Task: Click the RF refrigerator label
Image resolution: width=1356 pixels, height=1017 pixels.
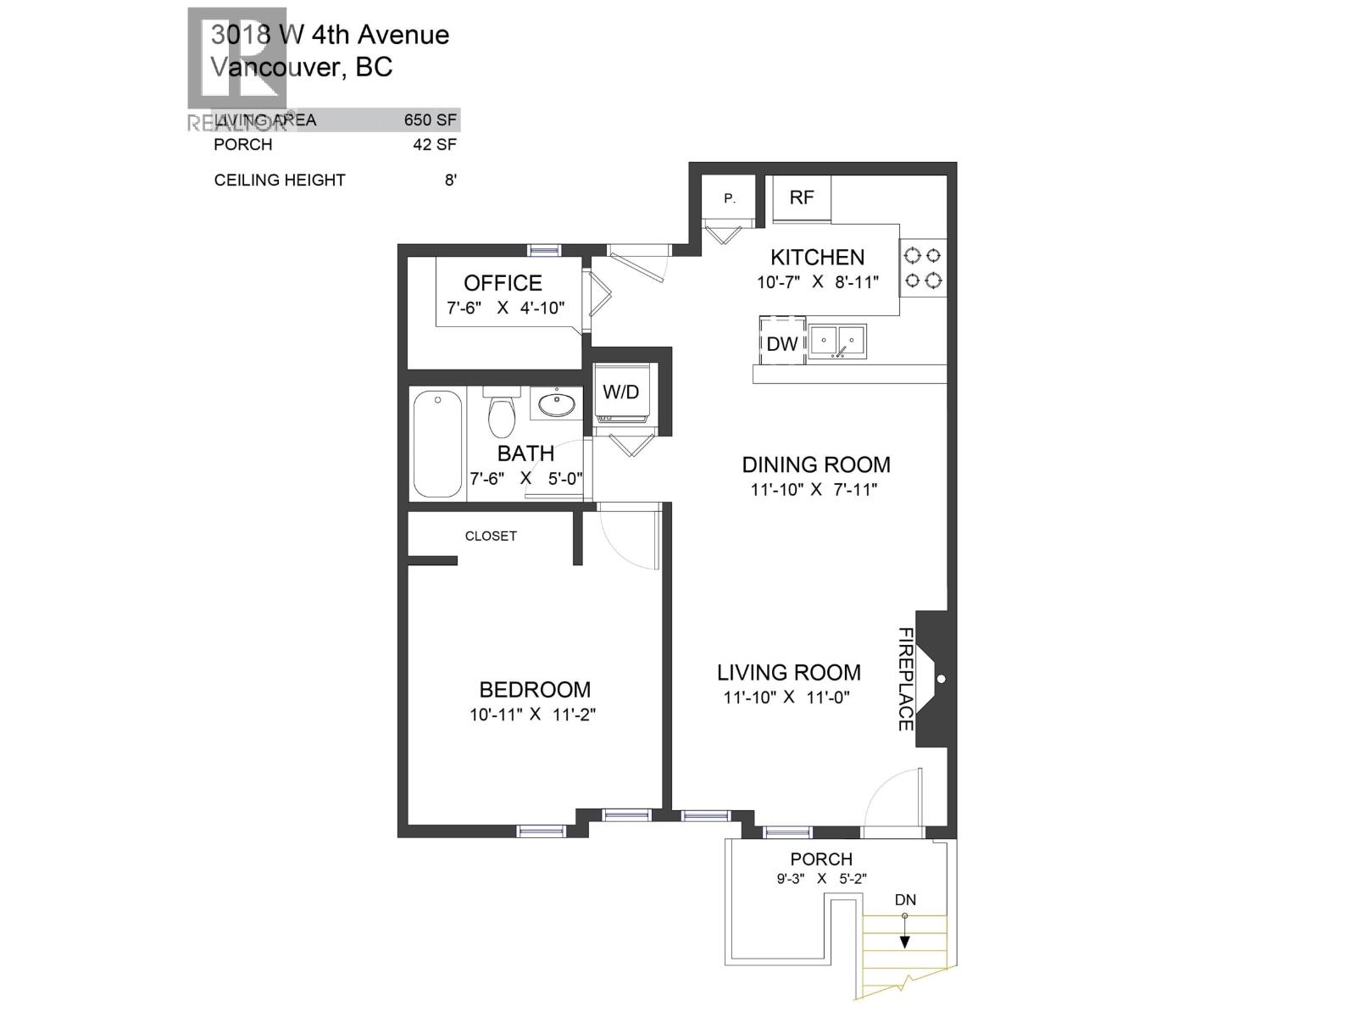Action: (801, 197)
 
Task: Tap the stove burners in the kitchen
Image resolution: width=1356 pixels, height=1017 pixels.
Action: (922, 267)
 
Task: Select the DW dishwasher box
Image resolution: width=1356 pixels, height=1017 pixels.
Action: (781, 342)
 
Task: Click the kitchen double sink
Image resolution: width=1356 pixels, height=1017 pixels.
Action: (836, 341)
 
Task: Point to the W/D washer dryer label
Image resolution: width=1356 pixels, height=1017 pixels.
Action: (620, 392)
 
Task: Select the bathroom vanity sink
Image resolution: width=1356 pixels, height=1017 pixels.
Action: (557, 403)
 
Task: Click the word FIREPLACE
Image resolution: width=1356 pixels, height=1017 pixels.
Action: (905, 679)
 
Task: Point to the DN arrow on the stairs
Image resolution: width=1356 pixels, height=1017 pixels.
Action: (905, 928)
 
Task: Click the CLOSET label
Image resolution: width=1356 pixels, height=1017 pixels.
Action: (491, 536)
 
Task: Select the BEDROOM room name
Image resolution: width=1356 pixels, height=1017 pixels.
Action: (535, 690)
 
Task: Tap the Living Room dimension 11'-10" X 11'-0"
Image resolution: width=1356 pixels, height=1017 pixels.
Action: (786, 697)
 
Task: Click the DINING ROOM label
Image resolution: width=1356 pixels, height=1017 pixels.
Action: (816, 464)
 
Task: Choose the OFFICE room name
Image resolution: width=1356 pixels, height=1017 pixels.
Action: (503, 283)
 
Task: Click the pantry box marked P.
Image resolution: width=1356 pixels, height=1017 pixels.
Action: (729, 199)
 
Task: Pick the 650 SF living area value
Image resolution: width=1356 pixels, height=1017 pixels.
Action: (431, 120)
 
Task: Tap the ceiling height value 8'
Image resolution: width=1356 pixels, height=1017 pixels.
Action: (451, 181)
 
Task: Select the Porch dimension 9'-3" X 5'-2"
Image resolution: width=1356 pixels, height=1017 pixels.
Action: (821, 879)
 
